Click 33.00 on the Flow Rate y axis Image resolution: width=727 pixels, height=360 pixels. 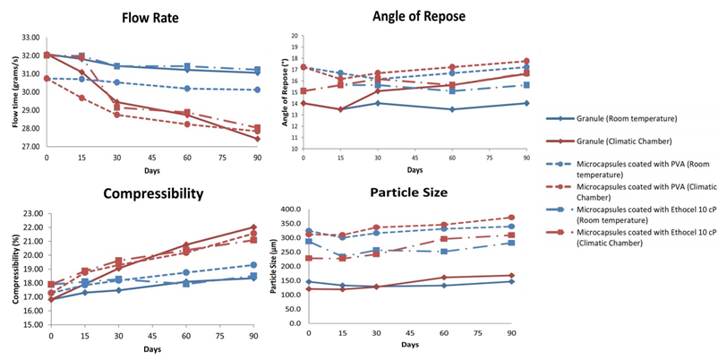coord(30,38)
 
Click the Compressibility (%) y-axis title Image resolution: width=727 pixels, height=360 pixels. coord(14,269)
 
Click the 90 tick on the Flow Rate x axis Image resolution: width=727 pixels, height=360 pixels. coord(257,157)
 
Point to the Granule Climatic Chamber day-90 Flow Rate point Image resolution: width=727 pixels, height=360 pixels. coord(257,139)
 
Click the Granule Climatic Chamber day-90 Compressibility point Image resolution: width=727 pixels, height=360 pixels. coord(253,227)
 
